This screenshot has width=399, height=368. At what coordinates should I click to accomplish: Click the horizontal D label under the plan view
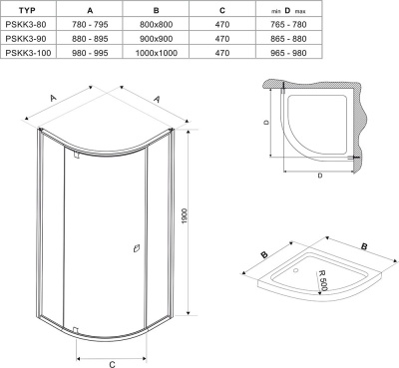tap(318, 176)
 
